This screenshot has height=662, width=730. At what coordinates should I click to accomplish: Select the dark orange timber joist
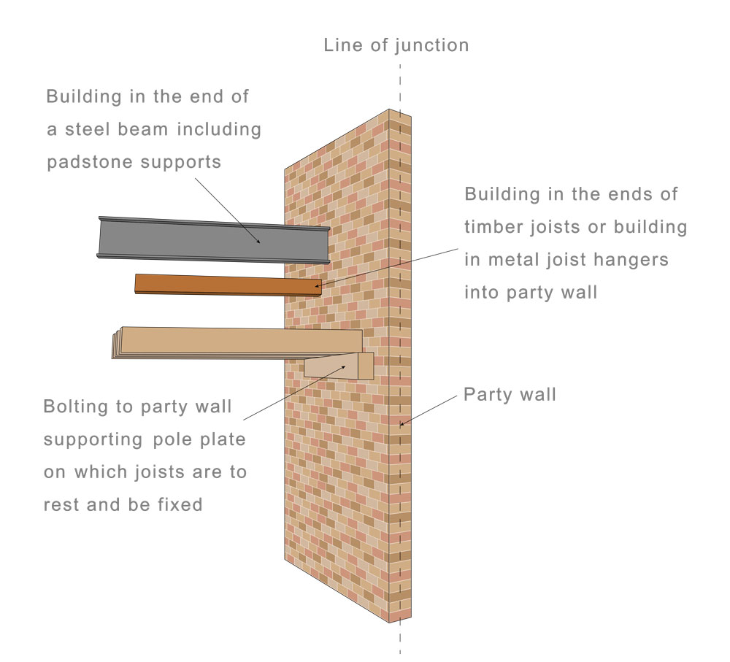coord(226,285)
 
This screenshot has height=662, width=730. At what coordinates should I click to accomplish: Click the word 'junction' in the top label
coord(432,45)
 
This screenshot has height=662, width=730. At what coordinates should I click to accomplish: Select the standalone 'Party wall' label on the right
coord(510,395)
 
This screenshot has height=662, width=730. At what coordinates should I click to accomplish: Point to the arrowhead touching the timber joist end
coord(318,285)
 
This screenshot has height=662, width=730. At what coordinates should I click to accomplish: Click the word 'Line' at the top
coord(341,45)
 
